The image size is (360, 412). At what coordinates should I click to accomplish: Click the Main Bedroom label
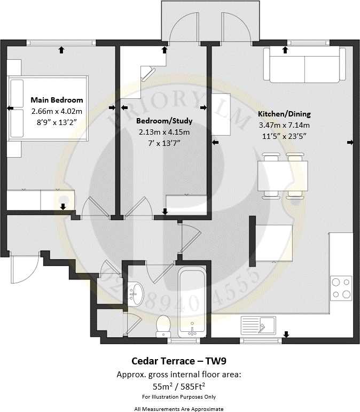coord(57,100)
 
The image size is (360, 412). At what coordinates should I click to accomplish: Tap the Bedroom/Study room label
coord(165,121)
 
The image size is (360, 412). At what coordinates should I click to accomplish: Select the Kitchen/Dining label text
coord(284,114)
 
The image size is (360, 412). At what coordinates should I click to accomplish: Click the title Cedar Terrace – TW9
coord(179,360)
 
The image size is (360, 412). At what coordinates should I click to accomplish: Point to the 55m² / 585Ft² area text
coord(179,385)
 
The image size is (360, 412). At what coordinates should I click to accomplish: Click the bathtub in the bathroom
coord(192,301)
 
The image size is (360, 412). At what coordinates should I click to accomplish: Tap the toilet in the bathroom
coord(163,324)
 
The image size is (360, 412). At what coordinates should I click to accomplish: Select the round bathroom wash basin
coord(137,293)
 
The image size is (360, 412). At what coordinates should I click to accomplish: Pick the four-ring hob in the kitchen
coord(341,288)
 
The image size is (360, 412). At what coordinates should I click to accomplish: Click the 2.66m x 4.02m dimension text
coord(57,111)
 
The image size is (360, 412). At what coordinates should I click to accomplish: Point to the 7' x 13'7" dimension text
coord(165,143)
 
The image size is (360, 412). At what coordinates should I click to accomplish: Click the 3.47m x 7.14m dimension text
coord(284,125)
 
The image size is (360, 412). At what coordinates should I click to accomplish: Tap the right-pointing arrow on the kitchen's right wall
coord(350,142)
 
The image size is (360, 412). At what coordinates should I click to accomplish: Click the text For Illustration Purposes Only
coord(179,397)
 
